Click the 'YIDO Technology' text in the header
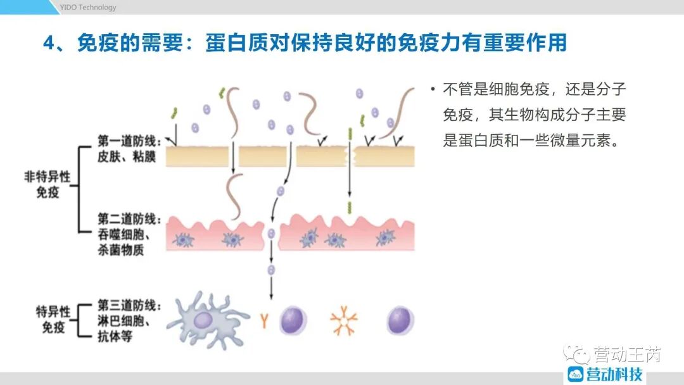click(88, 7)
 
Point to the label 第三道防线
click(126, 305)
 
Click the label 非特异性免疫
click(47, 184)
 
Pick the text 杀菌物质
click(120, 249)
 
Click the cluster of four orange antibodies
click(344, 320)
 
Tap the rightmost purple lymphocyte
click(399, 319)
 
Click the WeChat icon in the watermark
click(576, 353)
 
